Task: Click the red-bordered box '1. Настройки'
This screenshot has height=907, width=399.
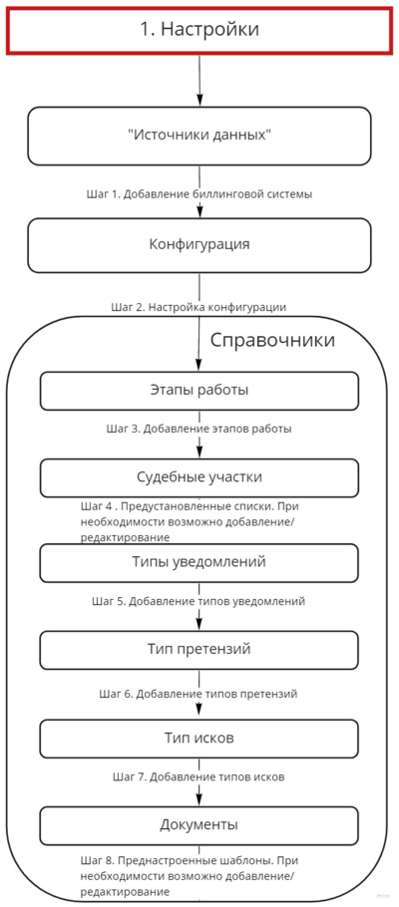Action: coord(199,30)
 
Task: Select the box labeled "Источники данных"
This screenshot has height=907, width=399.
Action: coord(199,136)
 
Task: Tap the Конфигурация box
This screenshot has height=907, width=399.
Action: coord(199,245)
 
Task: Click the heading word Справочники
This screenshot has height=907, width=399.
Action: coord(272,341)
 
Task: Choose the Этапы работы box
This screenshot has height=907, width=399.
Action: coord(199,390)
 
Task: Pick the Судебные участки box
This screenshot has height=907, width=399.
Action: coord(199,476)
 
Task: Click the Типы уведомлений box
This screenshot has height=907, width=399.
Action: coord(199,562)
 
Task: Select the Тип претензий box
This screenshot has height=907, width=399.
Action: coord(199,650)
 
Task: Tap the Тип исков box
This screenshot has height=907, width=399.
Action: coord(199,738)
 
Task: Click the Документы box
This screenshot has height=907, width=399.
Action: coord(199,824)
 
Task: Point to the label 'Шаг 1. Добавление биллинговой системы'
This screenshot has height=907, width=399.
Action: coord(199,194)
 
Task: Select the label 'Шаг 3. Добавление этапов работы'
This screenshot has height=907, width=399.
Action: coord(199,429)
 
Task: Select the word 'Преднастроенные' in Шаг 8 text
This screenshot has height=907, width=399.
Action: coord(170,859)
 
